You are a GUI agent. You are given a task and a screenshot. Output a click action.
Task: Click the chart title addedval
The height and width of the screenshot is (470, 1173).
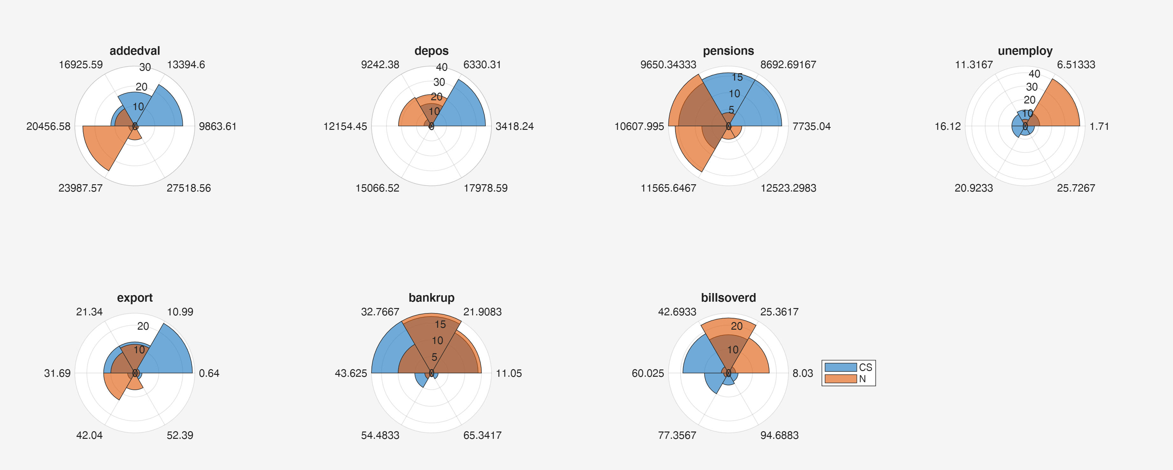coord(135,51)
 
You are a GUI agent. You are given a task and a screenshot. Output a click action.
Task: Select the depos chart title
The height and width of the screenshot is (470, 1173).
coord(431,51)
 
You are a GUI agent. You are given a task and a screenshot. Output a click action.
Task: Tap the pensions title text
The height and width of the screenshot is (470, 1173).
coord(728,51)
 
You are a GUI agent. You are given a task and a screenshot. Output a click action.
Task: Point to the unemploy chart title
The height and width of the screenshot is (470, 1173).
coord(1025,51)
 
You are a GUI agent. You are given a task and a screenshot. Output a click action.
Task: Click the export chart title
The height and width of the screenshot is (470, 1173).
coord(135,298)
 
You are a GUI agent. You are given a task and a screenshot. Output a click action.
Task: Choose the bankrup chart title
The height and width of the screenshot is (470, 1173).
coord(431,298)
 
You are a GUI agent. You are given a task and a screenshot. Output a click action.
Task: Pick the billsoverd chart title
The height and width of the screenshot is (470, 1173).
coord(728,298)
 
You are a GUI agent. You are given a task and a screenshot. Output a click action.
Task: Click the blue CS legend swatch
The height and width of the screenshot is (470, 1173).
coord(840,367)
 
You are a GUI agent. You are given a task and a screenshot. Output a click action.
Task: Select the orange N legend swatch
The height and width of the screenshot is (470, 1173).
coord(840,378)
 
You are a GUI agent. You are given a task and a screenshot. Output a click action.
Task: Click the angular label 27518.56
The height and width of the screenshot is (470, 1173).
coord(188,188)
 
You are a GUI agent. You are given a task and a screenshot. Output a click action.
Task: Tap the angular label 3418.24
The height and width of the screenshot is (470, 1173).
coord(514,126)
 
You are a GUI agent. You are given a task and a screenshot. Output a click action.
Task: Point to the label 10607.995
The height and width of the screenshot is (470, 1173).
coord(639,126)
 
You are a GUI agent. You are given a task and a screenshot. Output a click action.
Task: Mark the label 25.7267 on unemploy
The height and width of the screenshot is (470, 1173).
coord(1076,188)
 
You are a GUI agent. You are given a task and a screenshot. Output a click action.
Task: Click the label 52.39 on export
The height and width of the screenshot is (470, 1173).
coord(180,435)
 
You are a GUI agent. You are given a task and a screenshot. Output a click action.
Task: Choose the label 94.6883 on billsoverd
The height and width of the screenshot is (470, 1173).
coord(779,435)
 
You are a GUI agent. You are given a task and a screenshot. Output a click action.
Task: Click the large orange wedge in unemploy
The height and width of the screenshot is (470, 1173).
coord(1059,107)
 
